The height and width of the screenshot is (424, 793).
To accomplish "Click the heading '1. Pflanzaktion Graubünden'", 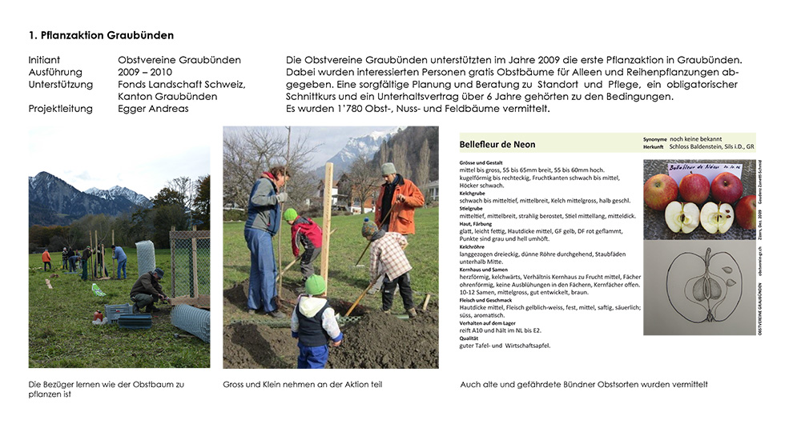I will [x=101, y=35].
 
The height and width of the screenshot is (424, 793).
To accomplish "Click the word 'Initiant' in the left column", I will [x=44, y=60].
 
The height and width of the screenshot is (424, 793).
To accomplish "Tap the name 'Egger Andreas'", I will [x=153, y=109].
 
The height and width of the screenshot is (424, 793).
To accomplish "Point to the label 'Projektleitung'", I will [x=60, y=109].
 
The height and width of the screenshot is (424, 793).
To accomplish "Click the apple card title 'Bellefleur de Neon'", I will [x=497, y=145].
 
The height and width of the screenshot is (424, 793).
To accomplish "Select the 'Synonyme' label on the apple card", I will [x=654, y=139].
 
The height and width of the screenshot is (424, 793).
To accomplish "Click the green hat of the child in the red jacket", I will [x=290, y=214].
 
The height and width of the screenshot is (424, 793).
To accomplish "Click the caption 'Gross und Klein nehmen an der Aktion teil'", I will [x=302, y=385].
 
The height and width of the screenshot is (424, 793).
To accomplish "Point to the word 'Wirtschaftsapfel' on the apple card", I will [x=524, y=345].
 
